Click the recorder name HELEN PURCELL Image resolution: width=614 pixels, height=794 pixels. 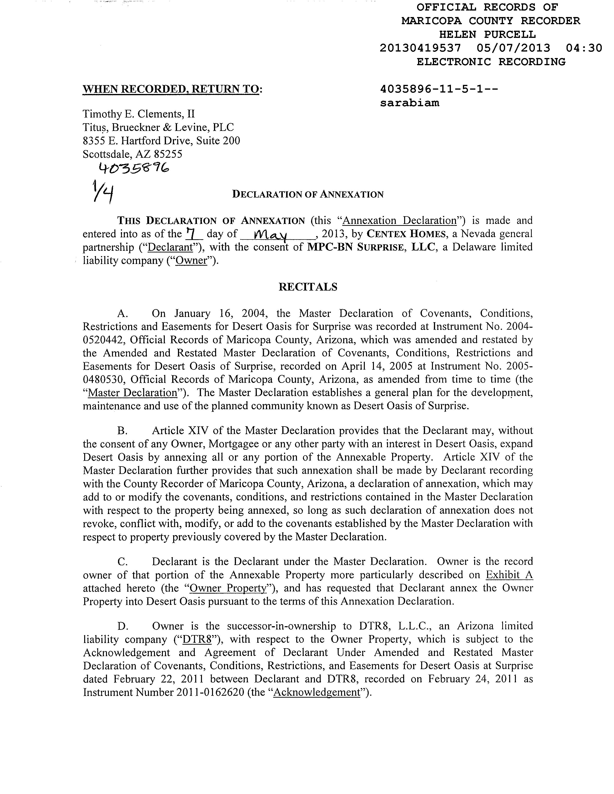[487, 35]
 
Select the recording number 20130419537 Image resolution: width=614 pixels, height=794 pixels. [420, 48]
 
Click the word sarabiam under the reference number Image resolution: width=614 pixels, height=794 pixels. [410, 103]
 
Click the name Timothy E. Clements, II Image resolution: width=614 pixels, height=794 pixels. [139, 114]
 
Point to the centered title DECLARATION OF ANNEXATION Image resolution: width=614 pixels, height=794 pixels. [308, 194]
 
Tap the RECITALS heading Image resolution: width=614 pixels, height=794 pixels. [308, 287]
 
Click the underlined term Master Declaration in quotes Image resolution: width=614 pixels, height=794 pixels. [132, 393]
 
